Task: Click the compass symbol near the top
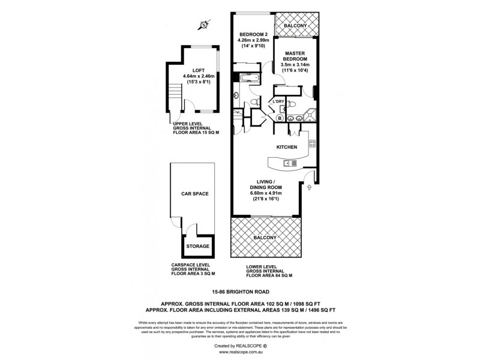pyautogui.click(x=204, y=25)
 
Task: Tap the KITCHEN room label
pyautogui.click(x=287, y=147)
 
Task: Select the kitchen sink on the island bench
pyautogui.click(x=289, y=163)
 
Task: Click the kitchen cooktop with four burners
pyautogui.click(x=312, y=143)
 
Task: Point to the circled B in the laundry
pyautogui.click(x=280, y=119)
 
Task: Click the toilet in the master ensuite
pyautogui.click(x=292, y=104)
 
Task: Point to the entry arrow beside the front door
pyautogui.click(x=310, y=188)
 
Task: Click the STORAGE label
pyautogui.click(x=197, y=246)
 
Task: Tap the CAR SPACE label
pyautogui.click(x=194, y=194)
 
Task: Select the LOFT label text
pyautogui.click(x=199, y=70)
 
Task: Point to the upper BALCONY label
pyautogui.click(x=296, y=26)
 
